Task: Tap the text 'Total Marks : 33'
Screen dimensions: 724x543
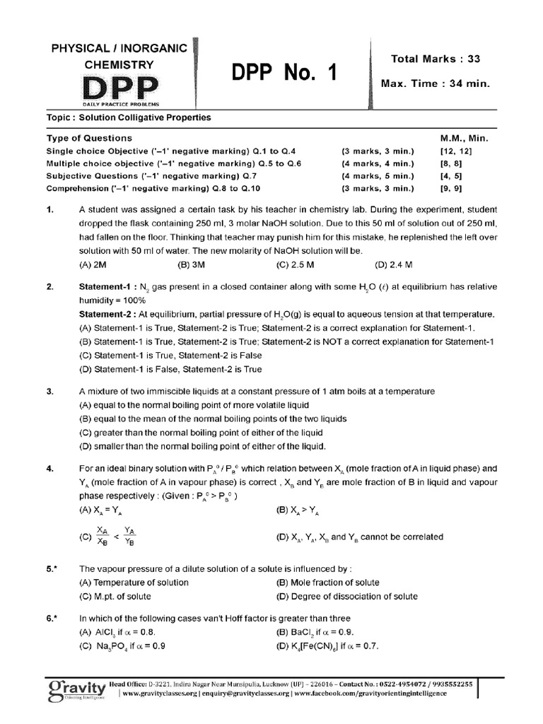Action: [x=434, y=59]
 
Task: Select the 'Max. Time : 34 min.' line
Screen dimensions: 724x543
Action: [x=435, y=83]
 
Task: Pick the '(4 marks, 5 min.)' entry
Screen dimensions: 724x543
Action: [x=378, y=176]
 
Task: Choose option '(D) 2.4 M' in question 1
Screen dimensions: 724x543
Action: [x=395, y=264]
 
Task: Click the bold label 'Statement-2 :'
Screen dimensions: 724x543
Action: [x=107, y=313]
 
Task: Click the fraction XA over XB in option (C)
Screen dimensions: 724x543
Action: [x=103, y=536]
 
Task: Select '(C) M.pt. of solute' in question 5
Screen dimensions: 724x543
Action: [x=122, y=596]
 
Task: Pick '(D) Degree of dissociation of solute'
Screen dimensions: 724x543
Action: [x=346, y=596]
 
